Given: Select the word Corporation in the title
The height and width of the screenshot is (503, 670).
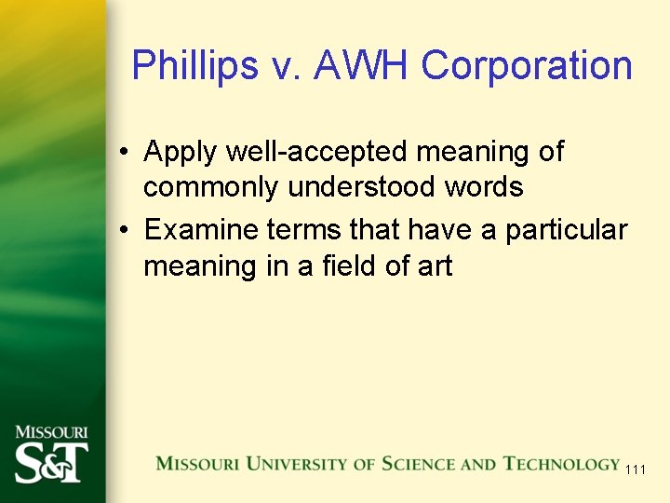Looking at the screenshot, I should point(527,66).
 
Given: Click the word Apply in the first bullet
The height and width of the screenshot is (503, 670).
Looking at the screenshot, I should point(181,152).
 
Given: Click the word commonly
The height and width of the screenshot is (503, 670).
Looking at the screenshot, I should point(212,187).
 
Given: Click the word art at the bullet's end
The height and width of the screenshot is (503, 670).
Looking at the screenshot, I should point(434,267).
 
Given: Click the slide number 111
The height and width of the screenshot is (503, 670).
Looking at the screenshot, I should point(635,469).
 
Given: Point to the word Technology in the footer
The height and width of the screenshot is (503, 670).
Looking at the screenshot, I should point(561,464).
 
